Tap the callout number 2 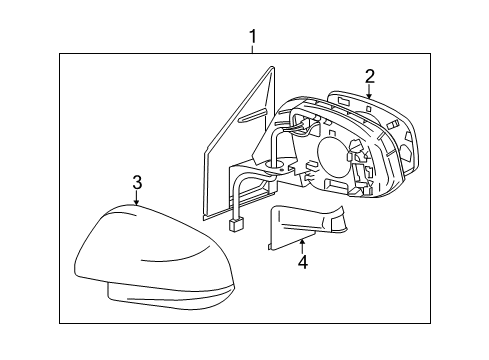pyautogui.click(x=369, y=76)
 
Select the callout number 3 pyautogui.click(x=136, y=183)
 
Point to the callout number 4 pyautogui.click(x=301, y=262)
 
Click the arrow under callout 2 pyautogui.click(x=369, y=92)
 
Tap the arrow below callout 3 pyautogui.click(x=136, y=199)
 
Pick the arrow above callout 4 pyautogui.click(x=301, y=244)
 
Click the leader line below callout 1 pyautogui.click(x=252, y=49)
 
